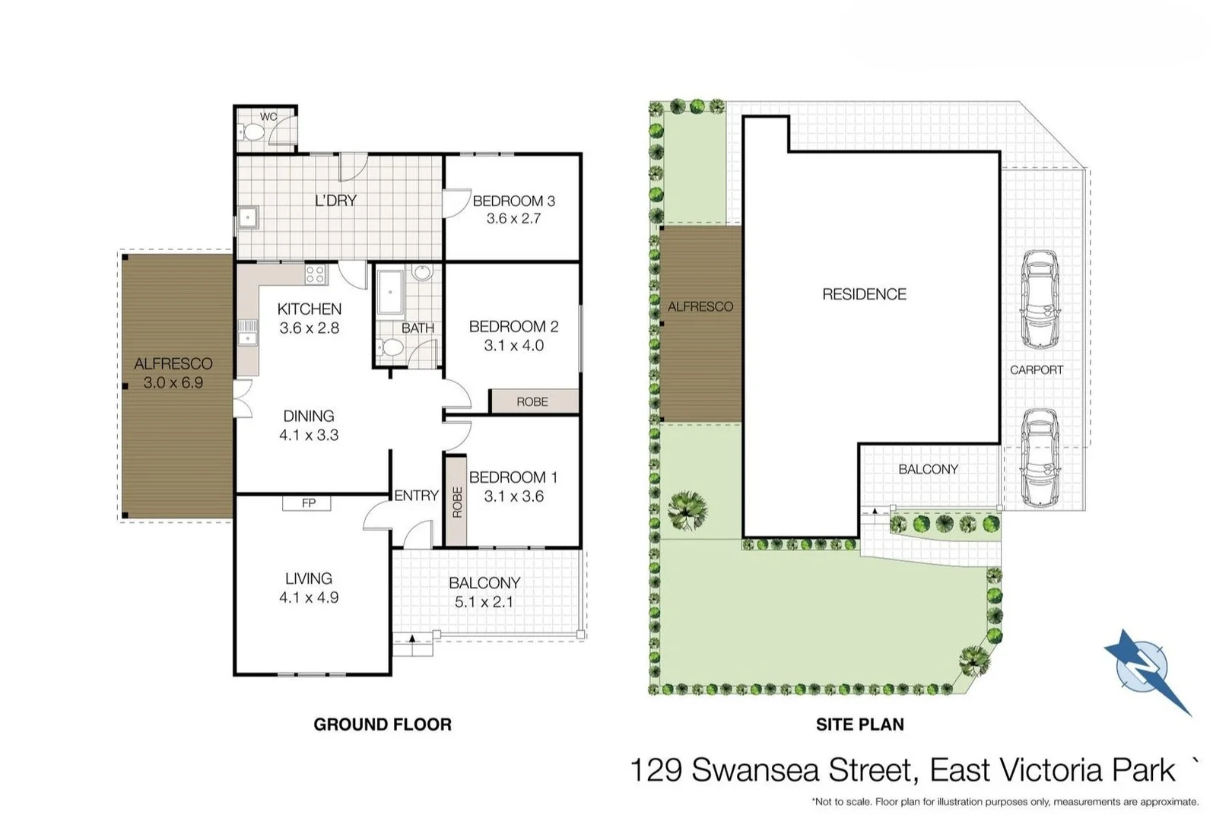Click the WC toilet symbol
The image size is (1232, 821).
pos(252,133)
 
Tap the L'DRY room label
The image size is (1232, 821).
pos(335,201)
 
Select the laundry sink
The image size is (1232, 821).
pos(248,218)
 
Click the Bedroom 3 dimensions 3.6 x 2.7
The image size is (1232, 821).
pos(513,219)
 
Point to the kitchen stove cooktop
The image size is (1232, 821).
pos(316,274)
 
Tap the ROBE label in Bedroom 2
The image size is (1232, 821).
pos(532,401)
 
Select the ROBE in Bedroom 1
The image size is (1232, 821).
pos(456,501)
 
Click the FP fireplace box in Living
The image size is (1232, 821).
pos(308,503)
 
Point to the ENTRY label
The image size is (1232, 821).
pos(416,496)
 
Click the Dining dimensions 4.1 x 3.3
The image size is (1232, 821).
pos(308,436)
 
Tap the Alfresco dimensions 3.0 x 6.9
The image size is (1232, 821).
pos(173,383)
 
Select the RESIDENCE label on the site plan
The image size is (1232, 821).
pos(864,294)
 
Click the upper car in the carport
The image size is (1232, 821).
pos(1040,299)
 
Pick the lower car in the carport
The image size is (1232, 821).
pos(1040,458)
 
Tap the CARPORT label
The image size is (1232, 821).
pos(1036,370)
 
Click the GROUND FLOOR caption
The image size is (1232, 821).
pos(383,724)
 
